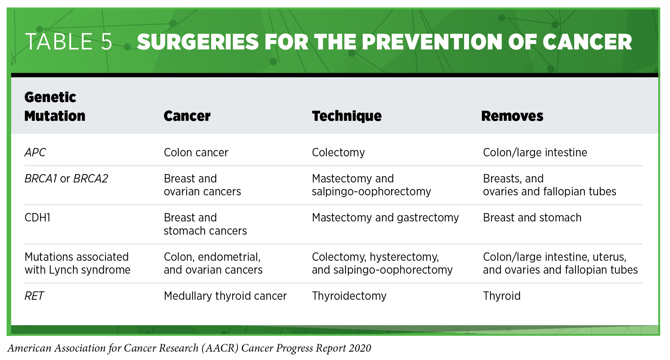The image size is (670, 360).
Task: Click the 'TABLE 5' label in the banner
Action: pyautogui.click(x=69, y=42)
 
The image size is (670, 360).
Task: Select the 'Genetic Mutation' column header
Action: pyautogui.click(x=55, y=107)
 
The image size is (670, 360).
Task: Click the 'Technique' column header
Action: pyautogui.click(x=347, y=116)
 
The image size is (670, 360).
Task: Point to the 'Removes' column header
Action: pyautogui.click(x=512, y=116)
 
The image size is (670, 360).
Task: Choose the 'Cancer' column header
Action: pyautogui.click(x=187, y=116)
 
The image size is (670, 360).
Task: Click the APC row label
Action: pyautogui.click(x=35, y=152)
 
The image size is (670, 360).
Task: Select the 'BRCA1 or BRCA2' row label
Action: pyautogui.click(x=66, y=179)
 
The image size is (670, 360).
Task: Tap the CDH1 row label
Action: pyautogui.click(x=38, y=218)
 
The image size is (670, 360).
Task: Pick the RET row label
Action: pyautogui.click(x=34, y=296)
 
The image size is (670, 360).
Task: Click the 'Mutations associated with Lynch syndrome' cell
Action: pyautogui.click(x=77, y=263)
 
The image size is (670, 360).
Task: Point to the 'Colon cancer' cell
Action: pyautogui.click(x=196, y=152)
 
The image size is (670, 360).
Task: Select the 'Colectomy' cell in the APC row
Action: pyautogui.click(x=338, y=152)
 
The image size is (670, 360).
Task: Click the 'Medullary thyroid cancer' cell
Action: pyautogui.click(x=225, y=296)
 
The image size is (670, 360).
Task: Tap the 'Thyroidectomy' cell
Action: pyautogui.click(x=349, y=296)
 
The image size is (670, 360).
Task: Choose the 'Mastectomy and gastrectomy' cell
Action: pyautogui.click(x=385, y=218)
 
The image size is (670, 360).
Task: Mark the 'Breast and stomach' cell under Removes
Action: pyautogui.click(x=532, y=218)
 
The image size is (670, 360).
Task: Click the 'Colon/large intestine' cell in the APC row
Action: pyautogui.click(x=535, y=152)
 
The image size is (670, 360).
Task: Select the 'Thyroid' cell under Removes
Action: pyautogui.click(x=502, y=296)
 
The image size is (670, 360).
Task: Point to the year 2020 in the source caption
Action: pyautogui.click(x=360, y=348)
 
